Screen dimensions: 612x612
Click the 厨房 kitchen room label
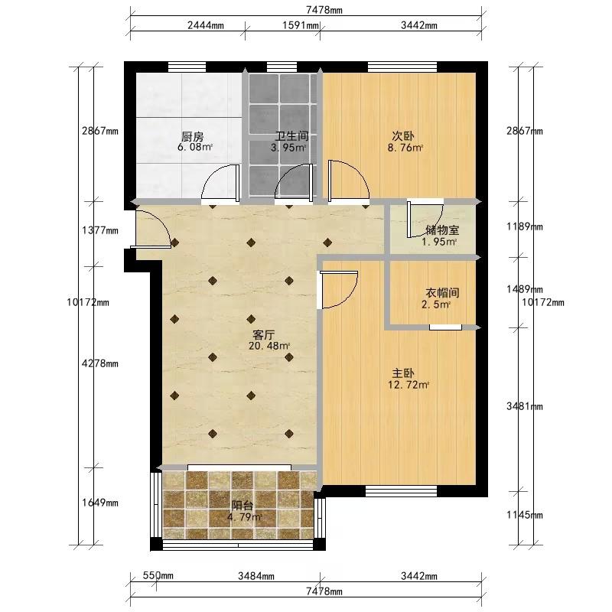pos(193,137)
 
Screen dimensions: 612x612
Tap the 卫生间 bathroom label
pos(292,136)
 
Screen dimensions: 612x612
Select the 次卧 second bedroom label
pos(403,136)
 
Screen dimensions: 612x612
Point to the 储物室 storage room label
pos(442,230)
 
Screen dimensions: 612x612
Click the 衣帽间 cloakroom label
pos(442,293)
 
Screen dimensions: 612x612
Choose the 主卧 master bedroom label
pos(403,373)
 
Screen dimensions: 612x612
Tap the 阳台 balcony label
pos(242,506)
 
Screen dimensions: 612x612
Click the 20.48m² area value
pos(269,346)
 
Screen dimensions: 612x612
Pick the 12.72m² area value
pos(409,385)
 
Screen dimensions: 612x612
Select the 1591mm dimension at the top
pos(301,25)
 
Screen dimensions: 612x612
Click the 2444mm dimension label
pos(206,25)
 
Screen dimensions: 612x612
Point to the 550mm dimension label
pos(158,575)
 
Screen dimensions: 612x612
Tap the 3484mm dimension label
pos(256,576)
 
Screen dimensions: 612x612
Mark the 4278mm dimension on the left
pos(100,363)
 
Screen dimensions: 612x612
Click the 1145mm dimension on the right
pos(525,515)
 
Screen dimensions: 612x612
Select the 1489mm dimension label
pos(525,289)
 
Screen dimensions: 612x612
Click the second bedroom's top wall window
pos(402,67)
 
